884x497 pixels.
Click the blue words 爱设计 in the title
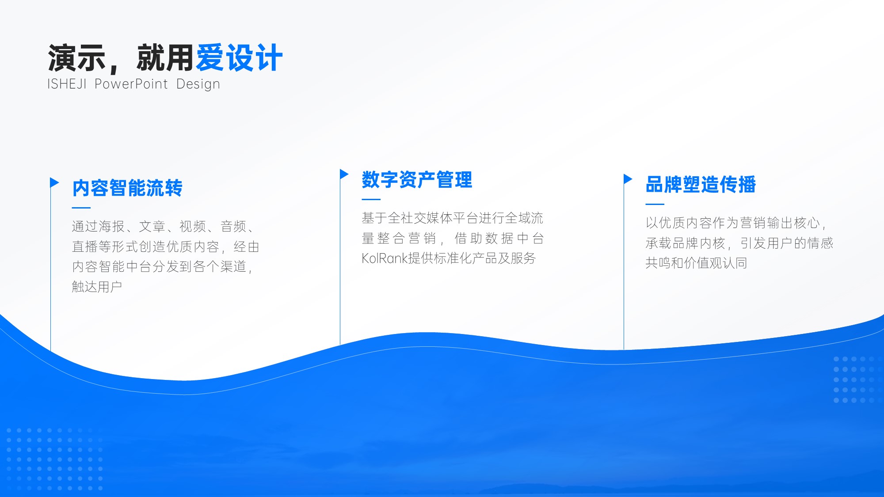point(239,58)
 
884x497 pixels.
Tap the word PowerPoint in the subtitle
point(131,84)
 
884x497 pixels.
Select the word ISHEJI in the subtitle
point(67,84)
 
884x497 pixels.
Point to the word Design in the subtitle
point(198,84)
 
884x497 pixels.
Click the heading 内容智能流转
point(127,188)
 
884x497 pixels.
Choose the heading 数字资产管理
point(417,180)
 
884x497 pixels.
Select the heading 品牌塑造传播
point(701,184)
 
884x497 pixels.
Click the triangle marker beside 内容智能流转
point(54,182)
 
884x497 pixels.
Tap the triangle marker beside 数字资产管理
point(344,174)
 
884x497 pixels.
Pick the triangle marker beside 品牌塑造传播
point(628,179)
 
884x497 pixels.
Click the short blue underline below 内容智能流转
point(81,208)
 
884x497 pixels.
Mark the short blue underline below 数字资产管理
point(371,199)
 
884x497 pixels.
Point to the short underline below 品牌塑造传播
point(655,204)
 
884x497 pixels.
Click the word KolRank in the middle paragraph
point(385,258)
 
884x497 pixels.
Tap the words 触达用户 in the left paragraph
point(97,287)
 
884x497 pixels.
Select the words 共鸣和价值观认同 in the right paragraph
point(696,263)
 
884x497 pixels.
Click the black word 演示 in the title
point(76,58)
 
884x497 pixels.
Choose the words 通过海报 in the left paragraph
point(98,227)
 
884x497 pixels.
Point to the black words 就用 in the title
point(165,58)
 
